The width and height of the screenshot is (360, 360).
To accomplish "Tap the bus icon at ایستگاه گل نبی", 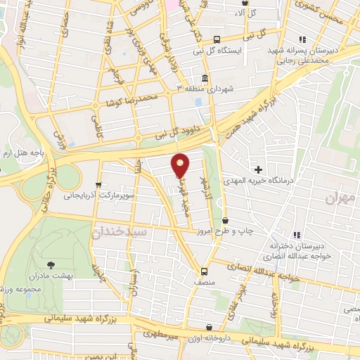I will [217, 39].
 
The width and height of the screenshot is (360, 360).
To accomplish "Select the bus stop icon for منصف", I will [204, 271].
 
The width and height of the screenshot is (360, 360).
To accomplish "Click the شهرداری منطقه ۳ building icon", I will [205, 78].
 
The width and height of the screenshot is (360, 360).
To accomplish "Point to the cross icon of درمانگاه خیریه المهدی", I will [259, 169].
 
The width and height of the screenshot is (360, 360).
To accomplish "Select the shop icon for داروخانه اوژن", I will [210, 328].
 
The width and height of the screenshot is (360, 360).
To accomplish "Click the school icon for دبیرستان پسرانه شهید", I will [302, 39].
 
